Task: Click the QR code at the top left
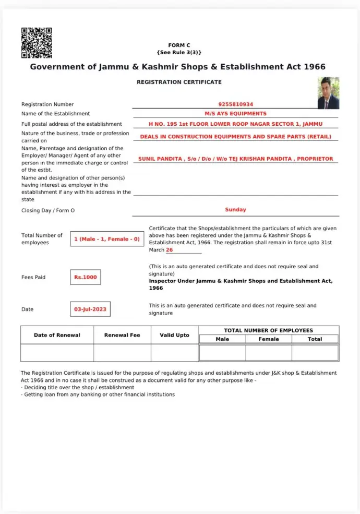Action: click(37, 43)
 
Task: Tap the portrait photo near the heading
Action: click(328, 93)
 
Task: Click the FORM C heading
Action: click(179, 45)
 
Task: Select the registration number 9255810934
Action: click(236, 104)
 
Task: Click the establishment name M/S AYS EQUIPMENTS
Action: click(236, 113)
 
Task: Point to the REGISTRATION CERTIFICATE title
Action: click(179, 82)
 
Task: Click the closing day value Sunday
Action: click(236, 209)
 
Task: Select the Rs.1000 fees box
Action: click(86, 277)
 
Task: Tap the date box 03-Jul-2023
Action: click(90, 309)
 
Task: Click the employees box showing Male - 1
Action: click(107, 239)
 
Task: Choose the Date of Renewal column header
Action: click(57, 335)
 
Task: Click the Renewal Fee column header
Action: click(122, 335)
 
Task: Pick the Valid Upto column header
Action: click(174, 335)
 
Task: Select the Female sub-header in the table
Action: click(269, 339)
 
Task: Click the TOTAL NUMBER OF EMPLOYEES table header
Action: click(269, 330)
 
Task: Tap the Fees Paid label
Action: click(33, 277)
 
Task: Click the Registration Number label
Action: click(47, 104)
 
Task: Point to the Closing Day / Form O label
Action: click(48, 210)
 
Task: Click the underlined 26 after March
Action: click(170, 250)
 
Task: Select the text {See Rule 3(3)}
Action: click(179, 53)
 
